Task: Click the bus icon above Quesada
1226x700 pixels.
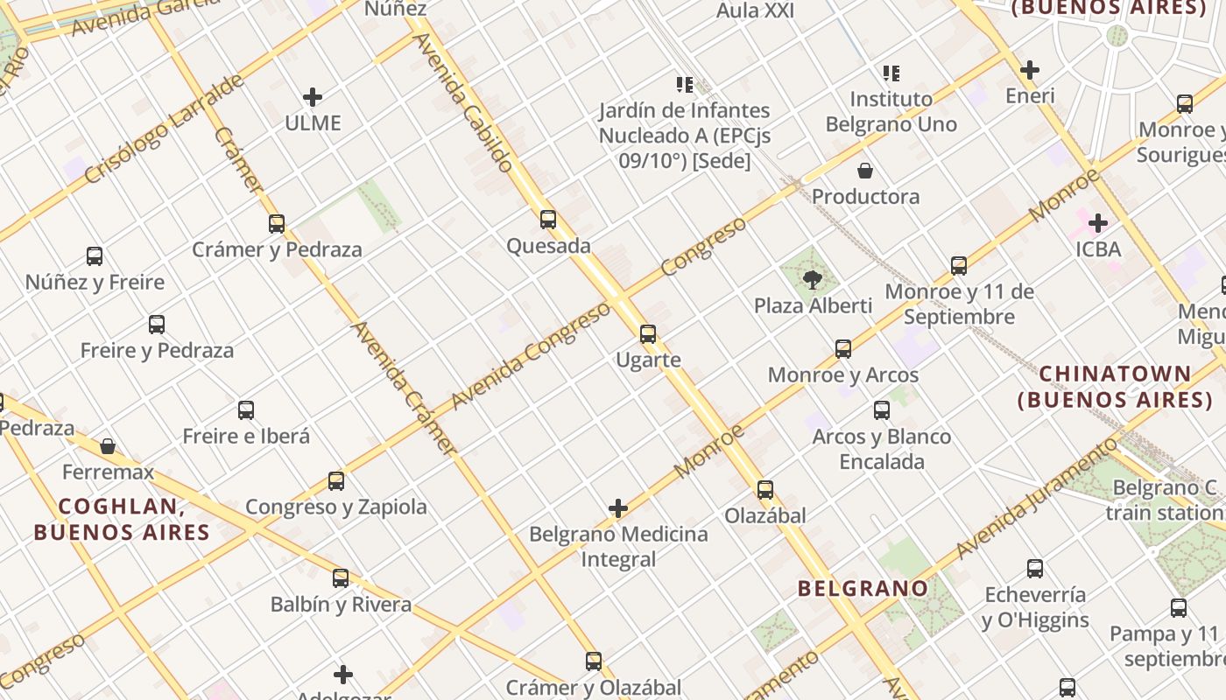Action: tap(548, 220)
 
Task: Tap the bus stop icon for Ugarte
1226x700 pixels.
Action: tap(648, 334)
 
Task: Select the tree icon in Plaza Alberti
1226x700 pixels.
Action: tap(813, 280)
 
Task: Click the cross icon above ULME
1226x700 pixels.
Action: tap(313, 97)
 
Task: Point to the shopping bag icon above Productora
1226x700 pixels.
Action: tap(865, 171)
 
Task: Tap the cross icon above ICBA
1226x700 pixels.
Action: tap(1097, 223)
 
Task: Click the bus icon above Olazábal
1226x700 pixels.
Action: tap(765, 490)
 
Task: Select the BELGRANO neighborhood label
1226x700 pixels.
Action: tap(862, 588)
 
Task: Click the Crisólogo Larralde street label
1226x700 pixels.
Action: tap(166, 129)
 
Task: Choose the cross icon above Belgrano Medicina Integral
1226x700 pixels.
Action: tap(618, 508)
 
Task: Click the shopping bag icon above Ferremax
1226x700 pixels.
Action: tap(108, 446)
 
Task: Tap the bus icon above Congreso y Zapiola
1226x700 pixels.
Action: tap(336, 480)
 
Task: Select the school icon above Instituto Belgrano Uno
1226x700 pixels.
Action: tap(891, 73)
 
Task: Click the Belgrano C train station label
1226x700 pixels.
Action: tap(1165, 500)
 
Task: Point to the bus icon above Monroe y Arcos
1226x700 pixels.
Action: tap(843, 349)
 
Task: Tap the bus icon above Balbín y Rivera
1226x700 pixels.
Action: tap(341, 578)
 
